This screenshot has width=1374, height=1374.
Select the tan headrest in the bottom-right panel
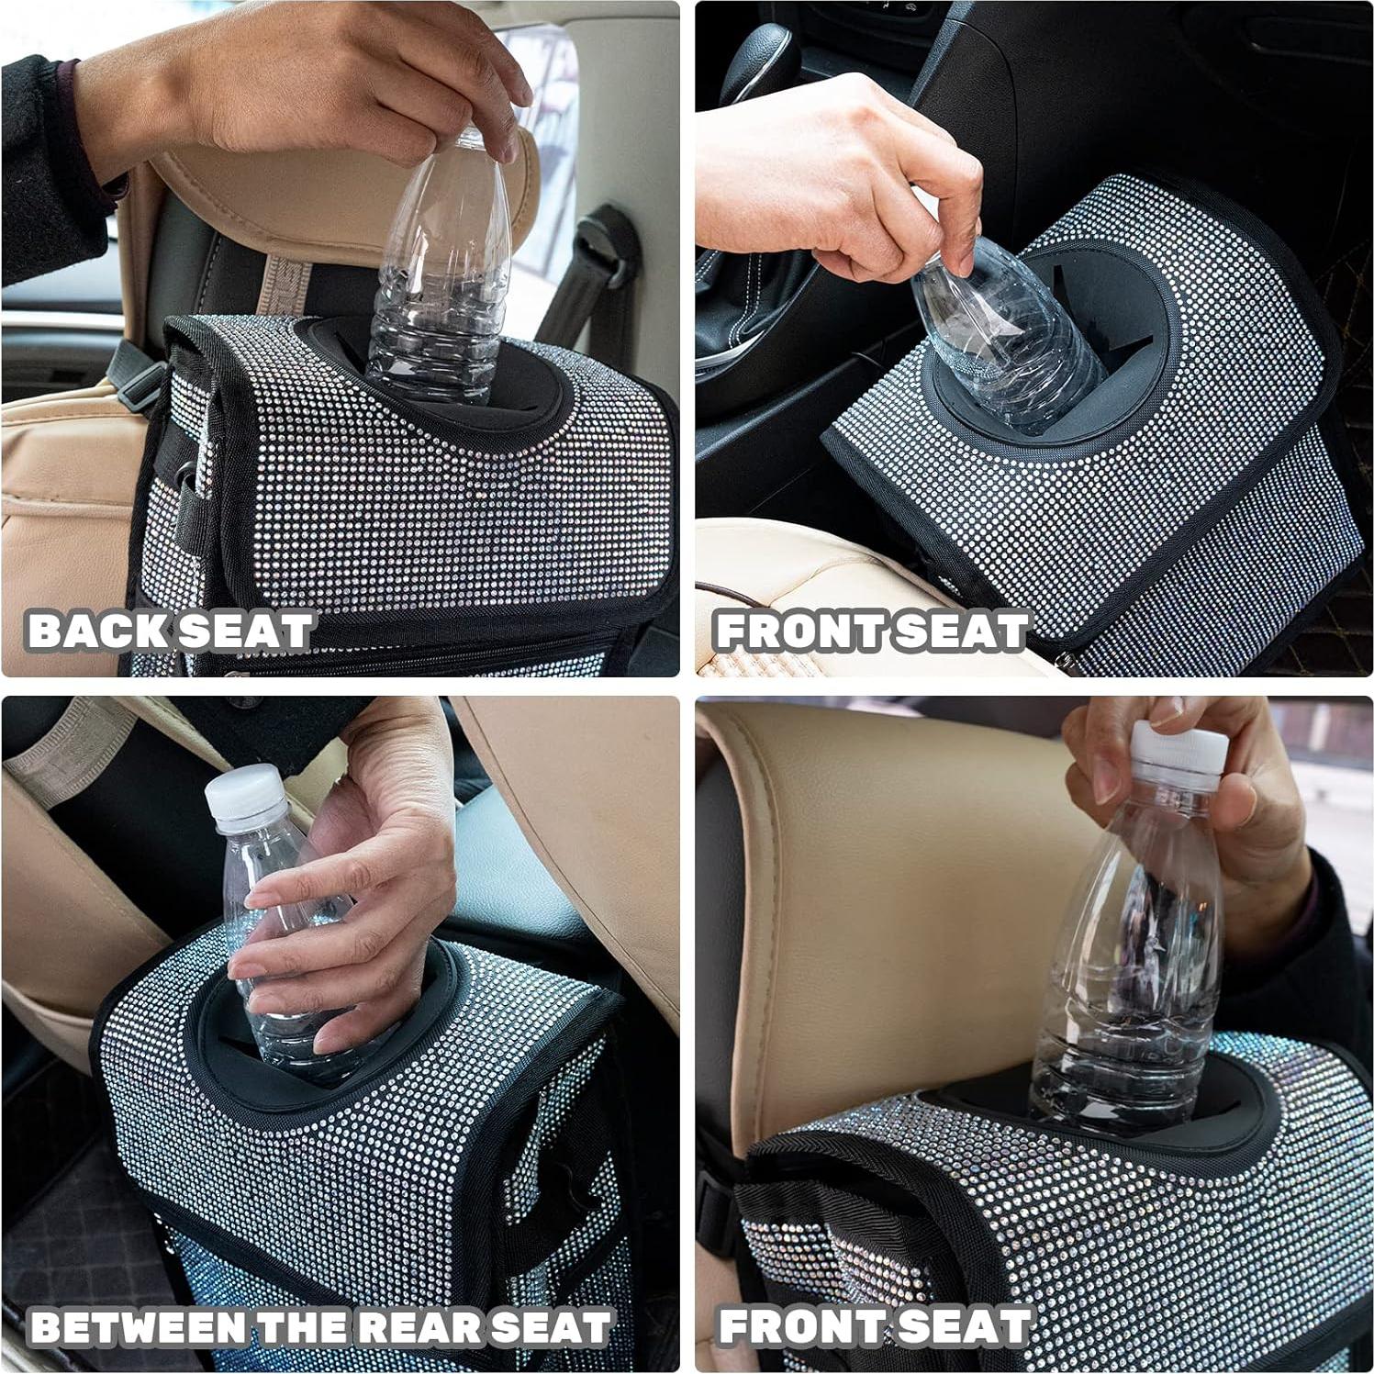click(881, 918)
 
